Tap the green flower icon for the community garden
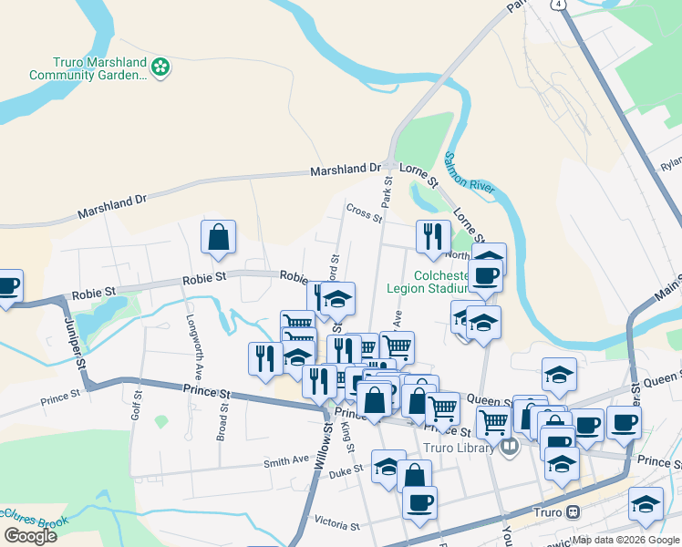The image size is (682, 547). click(161, 66)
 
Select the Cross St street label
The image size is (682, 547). click(363, 212)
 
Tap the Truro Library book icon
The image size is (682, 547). click(510, 447)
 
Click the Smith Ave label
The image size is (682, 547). click(286, 461)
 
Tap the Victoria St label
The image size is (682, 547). click(337, 524)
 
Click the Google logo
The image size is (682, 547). click(30, 536)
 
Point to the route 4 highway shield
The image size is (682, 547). click(557, 4)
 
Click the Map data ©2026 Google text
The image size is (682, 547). click(626, 540)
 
